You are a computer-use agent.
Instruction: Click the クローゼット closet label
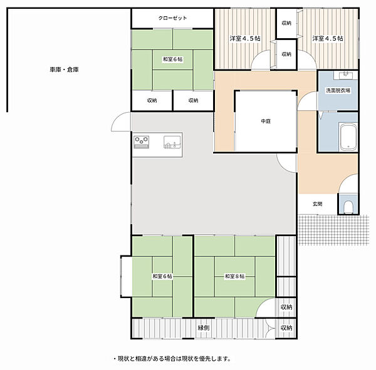pos(172,18)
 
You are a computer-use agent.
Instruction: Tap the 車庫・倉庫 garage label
pos(64,69)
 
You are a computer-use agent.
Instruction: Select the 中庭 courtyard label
pos(266,121)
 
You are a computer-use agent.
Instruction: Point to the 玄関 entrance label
pos(317,204)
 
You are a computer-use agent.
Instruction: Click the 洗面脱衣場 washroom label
pos(338,90)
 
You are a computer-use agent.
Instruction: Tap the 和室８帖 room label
pos(234,276)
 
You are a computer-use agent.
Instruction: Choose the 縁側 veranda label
pos(203,328)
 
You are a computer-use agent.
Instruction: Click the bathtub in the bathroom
pos(348,137)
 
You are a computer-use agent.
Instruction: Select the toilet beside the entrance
pos(348,207)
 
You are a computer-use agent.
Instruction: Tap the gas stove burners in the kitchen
pos(142,142)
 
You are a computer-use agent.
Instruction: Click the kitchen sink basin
pos(172,142)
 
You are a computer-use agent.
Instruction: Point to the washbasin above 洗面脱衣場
pos(345,75)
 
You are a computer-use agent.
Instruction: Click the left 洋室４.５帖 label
pos(245,38)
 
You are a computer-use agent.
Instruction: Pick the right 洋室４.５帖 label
pos(328,38)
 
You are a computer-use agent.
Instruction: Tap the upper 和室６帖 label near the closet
pos(173,59)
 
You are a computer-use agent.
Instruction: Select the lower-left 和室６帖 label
pos(162,276)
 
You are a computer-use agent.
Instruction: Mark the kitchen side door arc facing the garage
pos(117,121)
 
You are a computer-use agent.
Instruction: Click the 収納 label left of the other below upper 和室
pos(152,100)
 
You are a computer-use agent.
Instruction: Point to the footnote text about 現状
pos(172,359)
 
